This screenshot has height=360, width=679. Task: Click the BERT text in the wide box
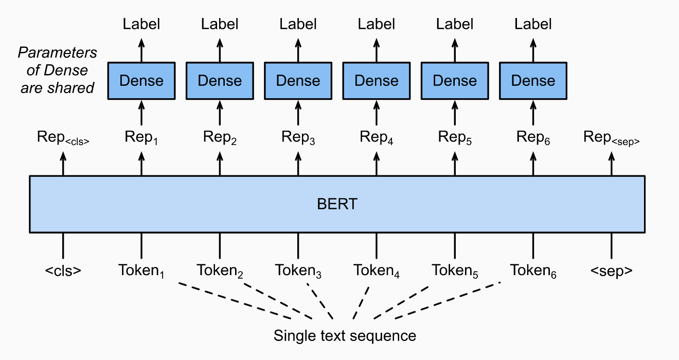[337, 204]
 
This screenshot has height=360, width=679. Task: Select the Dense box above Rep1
[141, 81]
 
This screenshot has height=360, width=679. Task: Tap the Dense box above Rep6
[533, 81]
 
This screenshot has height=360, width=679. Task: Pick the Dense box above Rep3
[298, 81]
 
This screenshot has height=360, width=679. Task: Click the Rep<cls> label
[63, 137]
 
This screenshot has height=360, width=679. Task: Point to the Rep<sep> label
[611, 137]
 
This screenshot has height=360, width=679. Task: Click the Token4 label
[377, 271]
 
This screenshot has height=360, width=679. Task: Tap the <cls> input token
[63, 270]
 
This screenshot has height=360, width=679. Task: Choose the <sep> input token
[612, 270]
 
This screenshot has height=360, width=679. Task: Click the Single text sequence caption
[345, 336]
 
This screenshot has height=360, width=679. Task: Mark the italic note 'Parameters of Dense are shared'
[58, 70]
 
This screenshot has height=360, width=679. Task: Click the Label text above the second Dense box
[220, 24]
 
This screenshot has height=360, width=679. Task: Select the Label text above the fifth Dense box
[455, 24]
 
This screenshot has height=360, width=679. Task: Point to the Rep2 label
[220, 137]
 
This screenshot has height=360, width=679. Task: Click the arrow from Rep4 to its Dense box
[377, 113]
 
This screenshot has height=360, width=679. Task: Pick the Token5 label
[455, 271]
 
